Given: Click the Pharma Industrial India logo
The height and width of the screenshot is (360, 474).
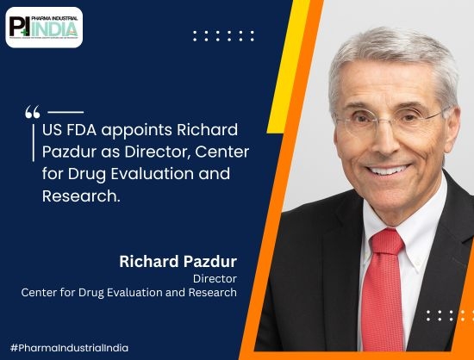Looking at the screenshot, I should pos(45,27).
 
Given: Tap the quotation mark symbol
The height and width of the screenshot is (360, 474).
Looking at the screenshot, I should pos(33,112).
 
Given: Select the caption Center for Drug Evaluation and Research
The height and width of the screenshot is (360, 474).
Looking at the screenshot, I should pos(129,294).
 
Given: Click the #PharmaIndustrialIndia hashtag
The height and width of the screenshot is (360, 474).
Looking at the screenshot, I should pos(71,348).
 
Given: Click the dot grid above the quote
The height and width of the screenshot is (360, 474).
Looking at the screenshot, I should pos(223,36).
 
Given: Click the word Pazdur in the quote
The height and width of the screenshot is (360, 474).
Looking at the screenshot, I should pos(70,152).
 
